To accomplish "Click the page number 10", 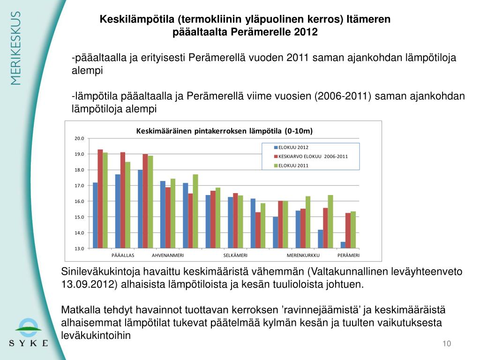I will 446,345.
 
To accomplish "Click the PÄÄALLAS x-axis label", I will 123,255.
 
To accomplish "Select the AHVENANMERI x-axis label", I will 168,255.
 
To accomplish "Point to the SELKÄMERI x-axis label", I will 235,255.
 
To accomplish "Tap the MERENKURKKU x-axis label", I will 303,255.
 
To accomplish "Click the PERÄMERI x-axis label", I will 348,255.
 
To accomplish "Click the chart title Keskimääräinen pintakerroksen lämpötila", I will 224,130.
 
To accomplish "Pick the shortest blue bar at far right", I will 343,245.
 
